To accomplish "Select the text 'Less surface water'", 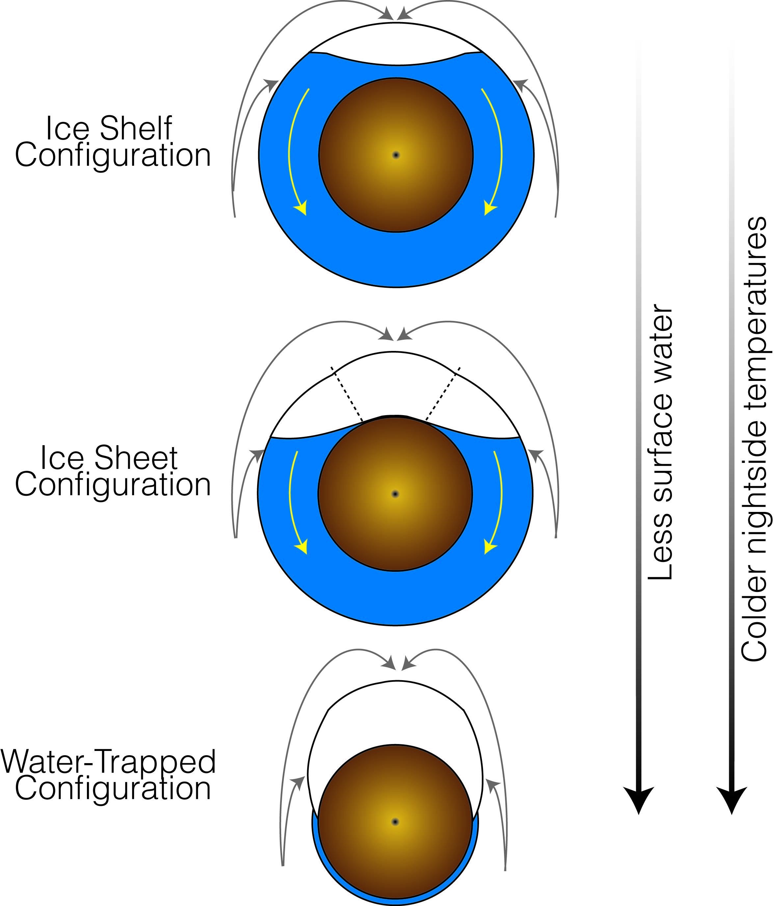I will coord(660,441).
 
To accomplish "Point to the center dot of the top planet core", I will coord(396,155).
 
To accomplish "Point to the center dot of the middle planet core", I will coord(395,494).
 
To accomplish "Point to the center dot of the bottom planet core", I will coord(395,822).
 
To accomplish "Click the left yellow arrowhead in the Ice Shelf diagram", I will coord(301,208).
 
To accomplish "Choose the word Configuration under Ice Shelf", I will coord(113,155).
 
